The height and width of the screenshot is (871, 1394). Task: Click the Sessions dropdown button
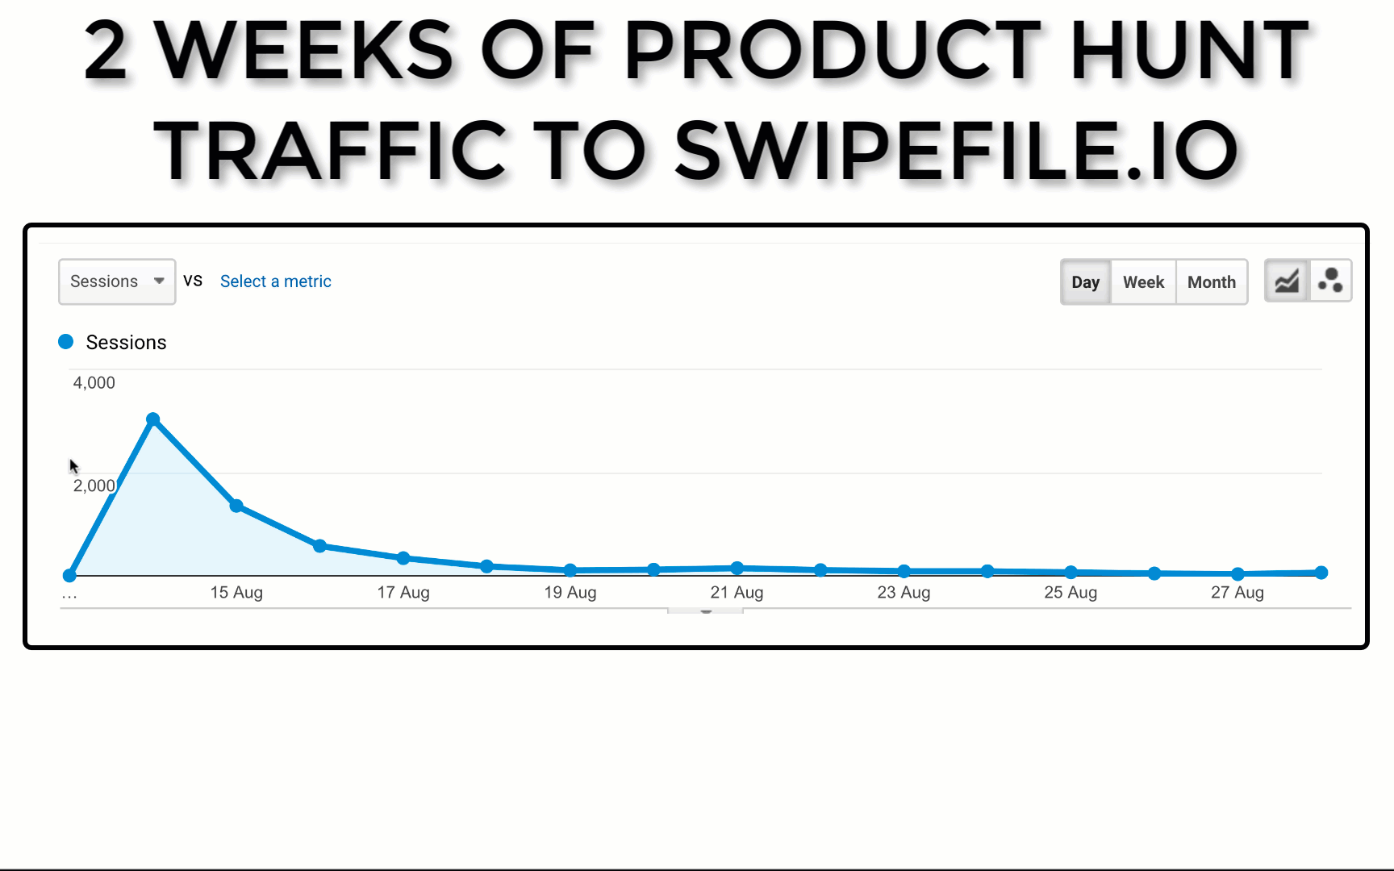117,281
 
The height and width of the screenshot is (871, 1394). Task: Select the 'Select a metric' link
275,281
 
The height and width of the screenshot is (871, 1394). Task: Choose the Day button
1085,282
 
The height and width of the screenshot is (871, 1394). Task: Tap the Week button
1143,282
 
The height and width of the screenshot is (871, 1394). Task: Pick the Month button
1211,282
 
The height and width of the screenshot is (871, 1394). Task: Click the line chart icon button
1287,281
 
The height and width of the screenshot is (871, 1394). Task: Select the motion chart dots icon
1330,281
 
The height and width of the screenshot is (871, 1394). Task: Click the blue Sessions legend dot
66,342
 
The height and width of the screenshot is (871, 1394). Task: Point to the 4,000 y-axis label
94,383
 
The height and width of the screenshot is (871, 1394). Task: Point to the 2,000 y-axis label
94,486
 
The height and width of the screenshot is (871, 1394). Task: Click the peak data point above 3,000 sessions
153,419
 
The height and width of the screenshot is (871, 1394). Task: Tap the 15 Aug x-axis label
236,593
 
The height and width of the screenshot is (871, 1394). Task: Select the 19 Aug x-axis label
570,593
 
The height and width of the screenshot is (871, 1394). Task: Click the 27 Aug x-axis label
1237,593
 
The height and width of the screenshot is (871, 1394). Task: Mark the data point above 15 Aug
236,506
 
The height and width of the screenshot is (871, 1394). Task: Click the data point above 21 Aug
737,568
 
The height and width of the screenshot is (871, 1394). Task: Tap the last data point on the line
1321,573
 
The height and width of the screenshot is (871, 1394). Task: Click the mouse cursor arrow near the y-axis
73,466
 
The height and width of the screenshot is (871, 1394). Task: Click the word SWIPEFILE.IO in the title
956,151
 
